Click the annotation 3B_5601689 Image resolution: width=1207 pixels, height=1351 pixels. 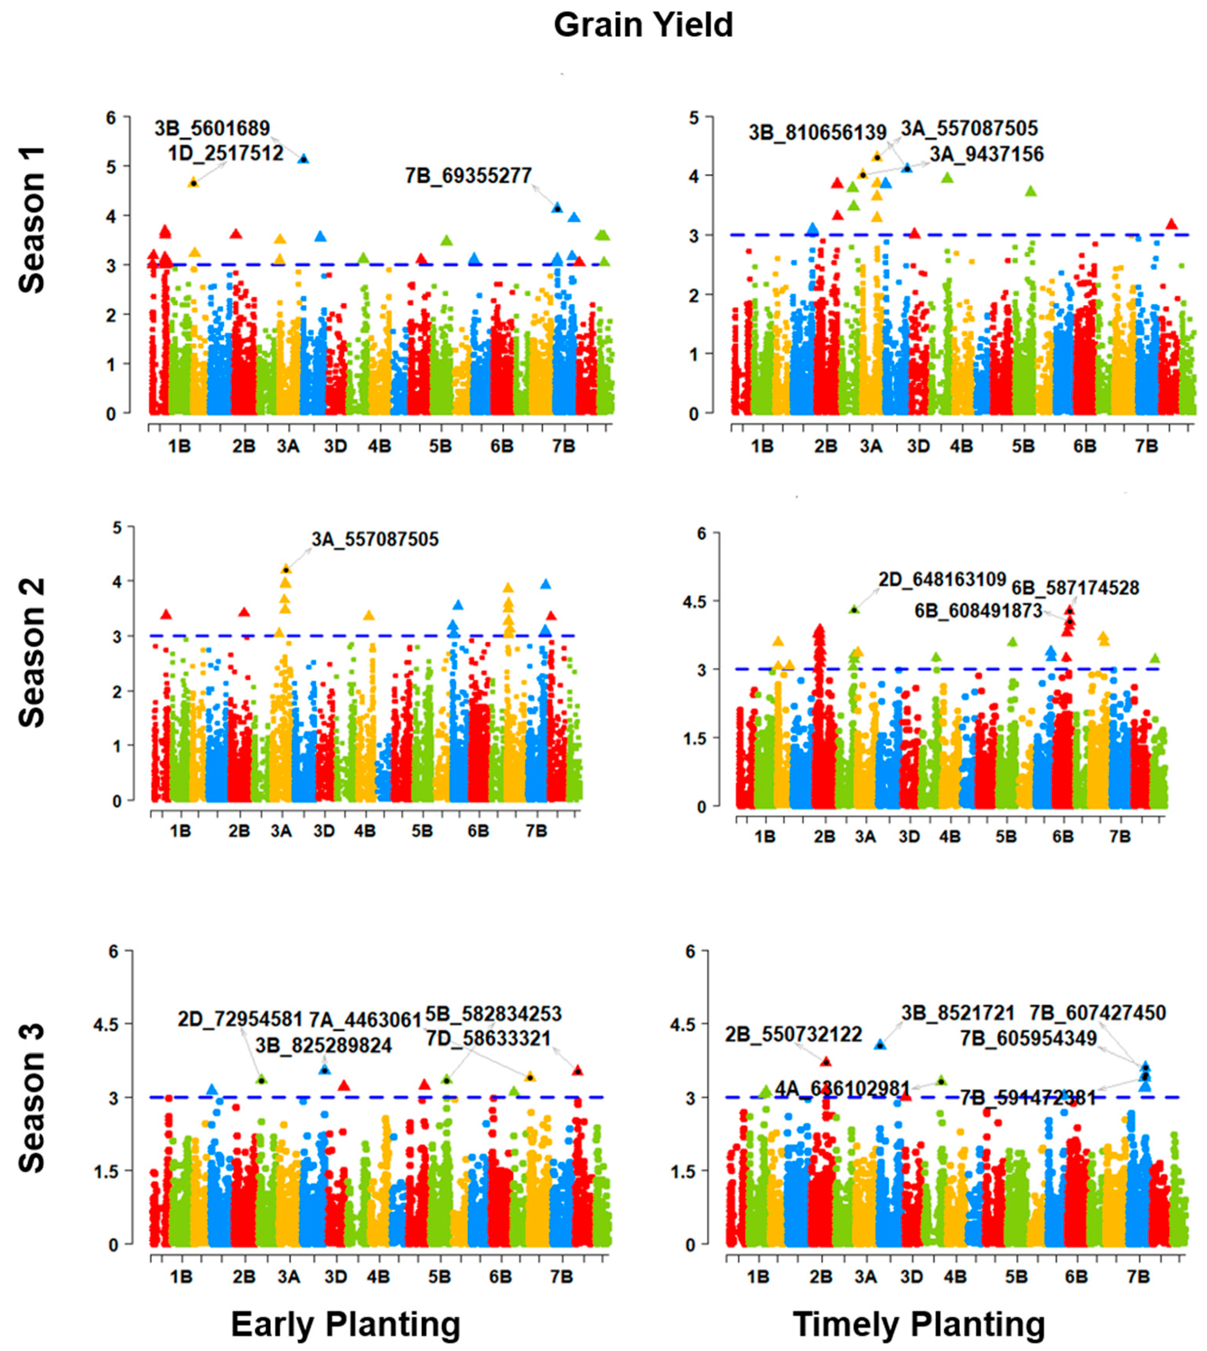pos(212,128)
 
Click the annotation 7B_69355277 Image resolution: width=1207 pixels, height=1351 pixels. pos(468,176)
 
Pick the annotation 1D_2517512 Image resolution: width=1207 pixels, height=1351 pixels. pos(225,153)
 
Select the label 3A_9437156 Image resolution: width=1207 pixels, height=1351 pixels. pos(986,155)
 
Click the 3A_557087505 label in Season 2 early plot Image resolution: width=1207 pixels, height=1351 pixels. pos(375,539)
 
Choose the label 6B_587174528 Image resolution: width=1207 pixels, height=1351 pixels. pos(1075,588)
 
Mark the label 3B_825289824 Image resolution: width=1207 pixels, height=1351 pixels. pos(323,1046)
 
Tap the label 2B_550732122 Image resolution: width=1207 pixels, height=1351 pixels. pos(793,1034)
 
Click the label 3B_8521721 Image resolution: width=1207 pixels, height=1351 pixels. pos(958,1013)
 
